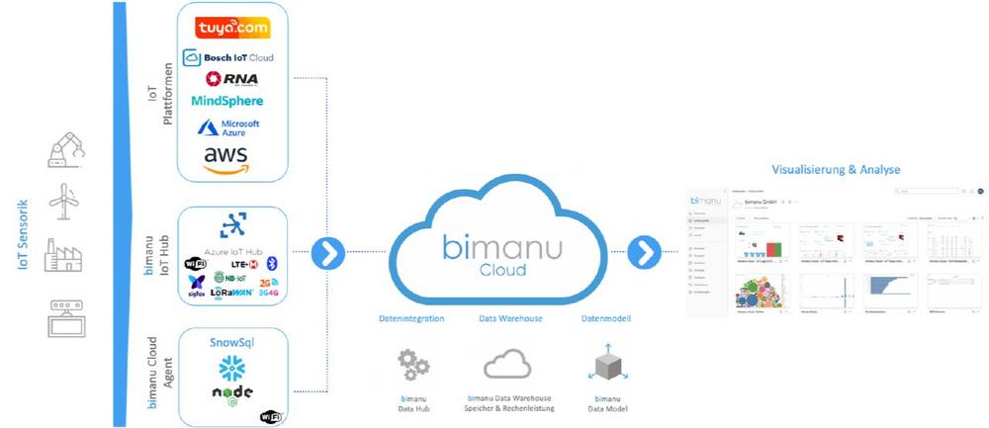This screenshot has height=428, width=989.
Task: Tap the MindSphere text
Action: pos(228,102)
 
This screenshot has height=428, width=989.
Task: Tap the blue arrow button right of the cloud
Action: pos(645,253)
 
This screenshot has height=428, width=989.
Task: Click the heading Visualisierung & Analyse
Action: pos(834,169)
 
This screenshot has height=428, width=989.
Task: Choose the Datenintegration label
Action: pos(412,318)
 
